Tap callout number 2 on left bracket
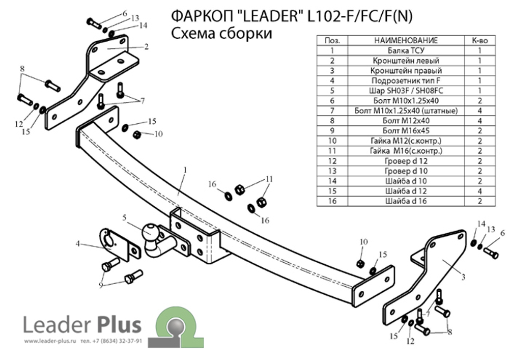(146, 47)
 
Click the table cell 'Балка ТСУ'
(406, 50)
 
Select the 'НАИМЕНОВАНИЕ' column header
(406, 40)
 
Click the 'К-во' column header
(480, 40)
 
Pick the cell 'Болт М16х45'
(406, 131)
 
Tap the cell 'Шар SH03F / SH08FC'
(406, 91)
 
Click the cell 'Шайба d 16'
(406, 201)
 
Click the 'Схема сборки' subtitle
(221, 34)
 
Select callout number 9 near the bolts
(101, 285)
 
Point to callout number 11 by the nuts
(269, 179)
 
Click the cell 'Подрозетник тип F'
(406, 80)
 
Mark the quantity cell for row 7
(480, 110)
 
